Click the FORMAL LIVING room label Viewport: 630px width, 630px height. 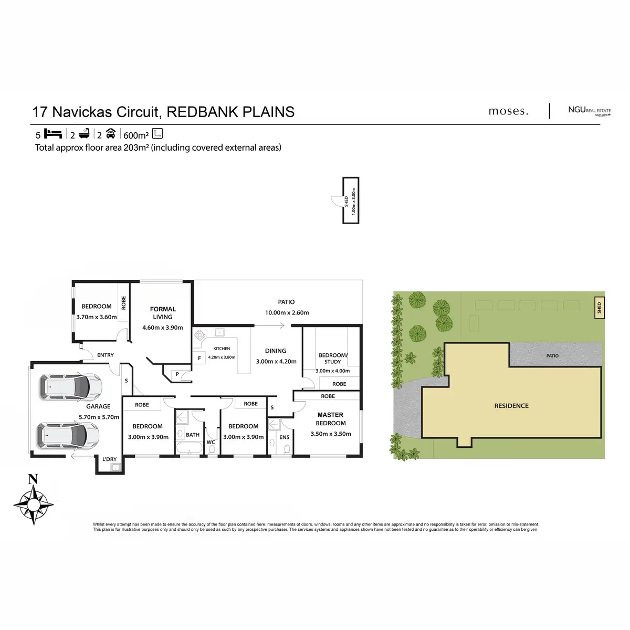pyautogui.click(x=163, y=313)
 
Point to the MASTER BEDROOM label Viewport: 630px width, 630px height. pyautogui.click(x=331, y=419)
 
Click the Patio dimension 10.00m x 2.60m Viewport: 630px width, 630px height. pyautogui.click(x=286, y=312)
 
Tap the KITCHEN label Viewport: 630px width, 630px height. pyautogui.click(x=221, y=349)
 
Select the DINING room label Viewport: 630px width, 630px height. pyautogui.click(x=276, y=351)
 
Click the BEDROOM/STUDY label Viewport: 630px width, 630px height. pyautogui.click(x=332, y=359)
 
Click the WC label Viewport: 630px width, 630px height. pyautogui.click(x=211, y=443)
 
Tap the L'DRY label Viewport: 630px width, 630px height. pyautogui.click(x=110, y=459)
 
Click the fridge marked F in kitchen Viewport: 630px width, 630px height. pyautogui.click(x=199, y=359)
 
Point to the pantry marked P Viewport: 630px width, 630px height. pyautogui.click(x=177, y=374)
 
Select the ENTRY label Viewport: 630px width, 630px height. pyautogui.click(x=106, y=355)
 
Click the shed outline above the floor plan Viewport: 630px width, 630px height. pyautogui.click(x=351, y=200)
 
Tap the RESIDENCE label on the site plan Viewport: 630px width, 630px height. pyautogui.click(x=511, y=406)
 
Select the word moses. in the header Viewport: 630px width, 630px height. pyautogui.click(x=508, y=111)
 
